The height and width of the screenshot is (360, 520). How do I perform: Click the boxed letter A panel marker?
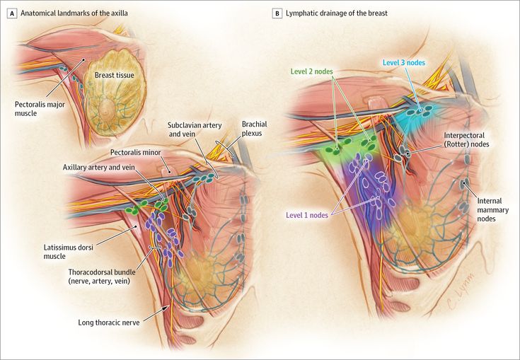coord(12,13)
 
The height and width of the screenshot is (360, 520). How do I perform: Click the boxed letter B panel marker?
coord(277,13)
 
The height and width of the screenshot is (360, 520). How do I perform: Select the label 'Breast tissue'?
coord(115,75)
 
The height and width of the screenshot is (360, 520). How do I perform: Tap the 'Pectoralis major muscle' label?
coord(40,109)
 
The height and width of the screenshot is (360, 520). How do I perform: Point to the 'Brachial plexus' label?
coord(255,129)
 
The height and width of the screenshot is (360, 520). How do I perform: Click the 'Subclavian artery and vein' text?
coord(195,129)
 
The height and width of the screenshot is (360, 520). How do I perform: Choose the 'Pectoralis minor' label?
coord(135,153)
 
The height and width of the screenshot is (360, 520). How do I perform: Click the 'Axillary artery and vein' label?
coord(99,168)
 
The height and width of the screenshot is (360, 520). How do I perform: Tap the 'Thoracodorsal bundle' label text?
coord(102,272)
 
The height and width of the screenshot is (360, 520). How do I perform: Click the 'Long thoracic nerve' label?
coord(109,323)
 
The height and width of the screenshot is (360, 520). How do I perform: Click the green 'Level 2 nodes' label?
coord(312,71)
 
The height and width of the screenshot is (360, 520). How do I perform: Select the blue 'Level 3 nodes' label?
coord(403,63)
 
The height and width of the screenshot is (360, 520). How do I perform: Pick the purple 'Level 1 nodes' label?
coord(307,216)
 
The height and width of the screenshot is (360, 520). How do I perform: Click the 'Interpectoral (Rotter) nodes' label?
coord(467,140)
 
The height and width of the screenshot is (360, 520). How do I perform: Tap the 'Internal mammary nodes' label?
coord(493,210)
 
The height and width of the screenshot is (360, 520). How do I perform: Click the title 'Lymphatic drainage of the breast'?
coord(337,13)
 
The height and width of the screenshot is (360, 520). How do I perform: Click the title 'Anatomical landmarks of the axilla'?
coord(74,13)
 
